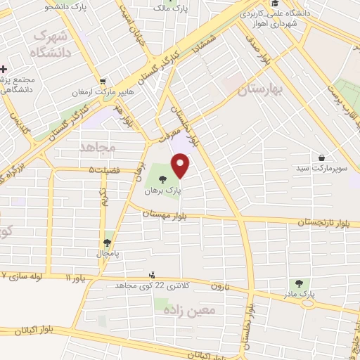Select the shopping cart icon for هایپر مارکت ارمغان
[103, 81]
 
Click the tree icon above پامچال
[107, 242]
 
